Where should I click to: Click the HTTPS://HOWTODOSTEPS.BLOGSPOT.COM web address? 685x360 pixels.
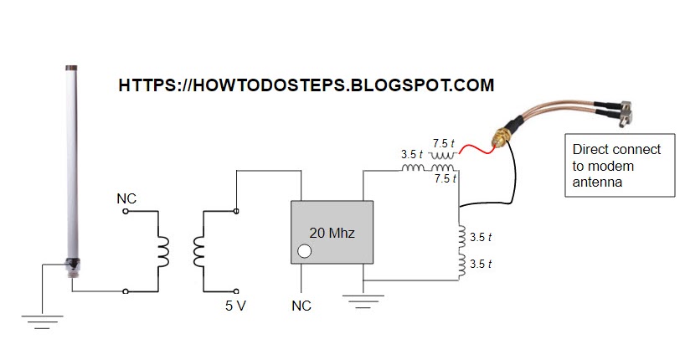coord(306,85)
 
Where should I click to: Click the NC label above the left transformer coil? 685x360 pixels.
coord(126,199)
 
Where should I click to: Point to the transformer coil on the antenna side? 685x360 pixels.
coord(163,252)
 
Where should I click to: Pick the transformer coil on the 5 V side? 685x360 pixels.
coord(198,252)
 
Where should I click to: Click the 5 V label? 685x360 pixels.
coord(235,306)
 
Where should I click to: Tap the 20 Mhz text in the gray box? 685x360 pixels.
coord(332,234)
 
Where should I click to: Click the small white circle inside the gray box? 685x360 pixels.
coord(305,250)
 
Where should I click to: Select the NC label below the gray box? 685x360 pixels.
coord(301,306)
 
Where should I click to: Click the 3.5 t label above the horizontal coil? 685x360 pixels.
coord(411,155)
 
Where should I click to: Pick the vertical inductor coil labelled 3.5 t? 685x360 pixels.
coord(459,251)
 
